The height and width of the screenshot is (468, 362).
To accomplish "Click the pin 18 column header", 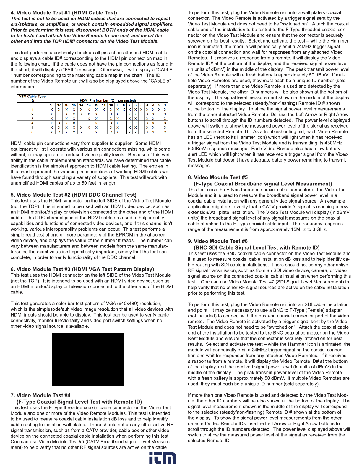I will click(x=52, y=105).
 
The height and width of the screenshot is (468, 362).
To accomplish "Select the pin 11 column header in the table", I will click(x=104, y=105).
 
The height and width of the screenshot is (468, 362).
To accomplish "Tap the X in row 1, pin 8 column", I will click(x=124, y=110).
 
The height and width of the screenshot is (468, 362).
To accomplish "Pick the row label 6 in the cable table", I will click(x=32, y=132).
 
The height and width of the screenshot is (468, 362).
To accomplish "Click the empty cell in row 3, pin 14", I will click(x=81, y=119).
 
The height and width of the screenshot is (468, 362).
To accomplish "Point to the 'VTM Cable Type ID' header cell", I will click(x=32, y=98).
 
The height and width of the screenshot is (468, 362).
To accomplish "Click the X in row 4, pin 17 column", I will click(x=59, y=123).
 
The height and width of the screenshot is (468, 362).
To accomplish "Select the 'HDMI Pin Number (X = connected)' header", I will click(x=108, y=100).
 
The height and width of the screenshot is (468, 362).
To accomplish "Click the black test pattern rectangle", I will click(x=88, y=359).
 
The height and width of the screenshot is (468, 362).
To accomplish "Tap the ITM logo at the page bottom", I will click(x=162, y=458).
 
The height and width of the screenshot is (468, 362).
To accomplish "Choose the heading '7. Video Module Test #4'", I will click(x=40, y=395).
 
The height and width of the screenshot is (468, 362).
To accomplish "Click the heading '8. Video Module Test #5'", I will click(x=218, y=177).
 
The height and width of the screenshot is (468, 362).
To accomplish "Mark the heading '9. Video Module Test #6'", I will click(x=218, y=241).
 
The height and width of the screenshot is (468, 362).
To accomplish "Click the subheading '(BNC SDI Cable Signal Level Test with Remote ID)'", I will click(x=257, y=248).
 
